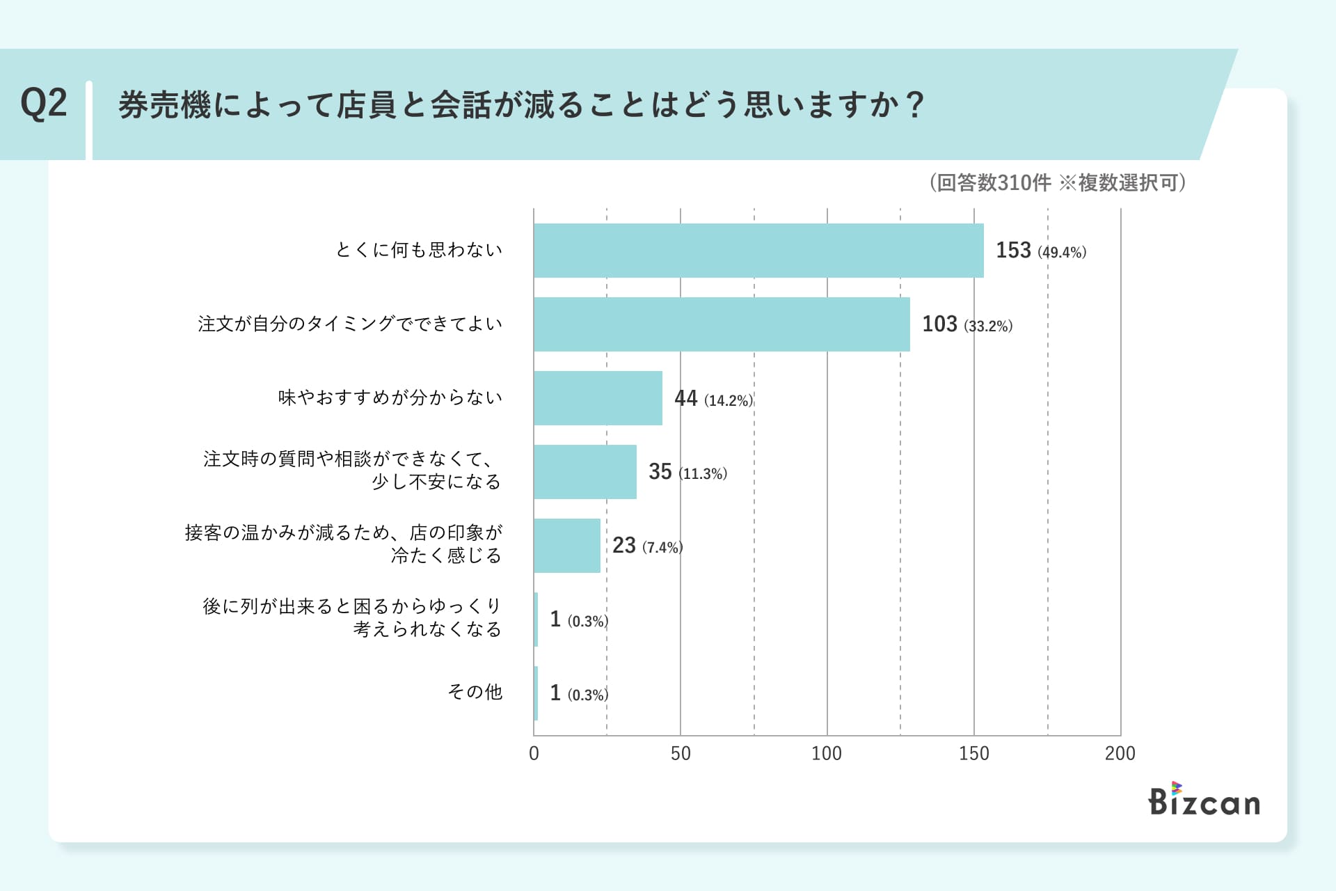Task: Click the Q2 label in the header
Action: point(44,104)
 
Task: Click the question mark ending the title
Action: point(916,106)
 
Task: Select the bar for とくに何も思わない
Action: point(758,251)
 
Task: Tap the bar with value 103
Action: point(722,324)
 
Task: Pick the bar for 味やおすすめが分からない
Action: point(598,398)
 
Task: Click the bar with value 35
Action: point(585,472)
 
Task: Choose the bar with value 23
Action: point(567,546)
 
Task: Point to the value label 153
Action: point(1013,251)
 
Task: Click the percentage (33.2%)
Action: point(988,326)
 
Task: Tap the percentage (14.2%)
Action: point(729,400)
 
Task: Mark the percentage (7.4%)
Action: point(662,548)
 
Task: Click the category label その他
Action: point(475,692)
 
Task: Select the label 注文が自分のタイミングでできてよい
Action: point(350,324)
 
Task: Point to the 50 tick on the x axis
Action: point(681,754)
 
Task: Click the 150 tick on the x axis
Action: point(973,754)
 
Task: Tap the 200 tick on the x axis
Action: point(1120,754)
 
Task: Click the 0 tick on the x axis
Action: point(534,754)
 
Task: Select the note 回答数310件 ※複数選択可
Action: point(1058,183)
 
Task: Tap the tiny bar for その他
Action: point(536,693)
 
